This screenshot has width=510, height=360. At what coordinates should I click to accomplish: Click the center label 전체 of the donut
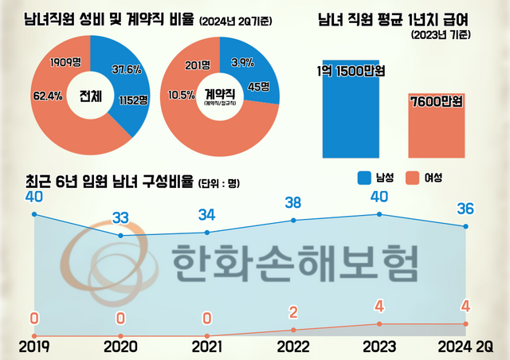click(90, 97)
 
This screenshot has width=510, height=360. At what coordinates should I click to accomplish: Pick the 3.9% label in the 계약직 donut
click(243, 61)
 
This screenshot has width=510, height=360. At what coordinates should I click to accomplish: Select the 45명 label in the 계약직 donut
click(258, 87)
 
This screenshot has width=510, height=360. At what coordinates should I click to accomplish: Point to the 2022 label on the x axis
click(293, 346)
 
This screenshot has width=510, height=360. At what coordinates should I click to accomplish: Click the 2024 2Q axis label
click(466, 346)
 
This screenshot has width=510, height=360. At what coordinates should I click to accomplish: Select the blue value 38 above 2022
click(293, 202)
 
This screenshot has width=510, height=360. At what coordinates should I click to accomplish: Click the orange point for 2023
click(379, 324)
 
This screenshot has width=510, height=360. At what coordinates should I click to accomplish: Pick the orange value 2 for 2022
click(293, 312)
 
